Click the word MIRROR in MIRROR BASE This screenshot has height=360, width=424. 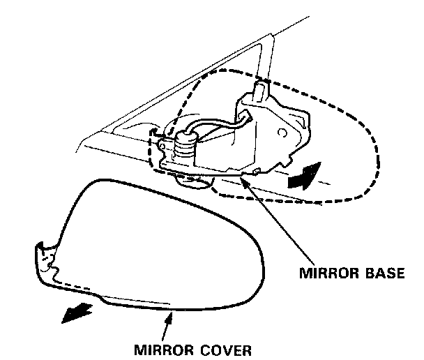[325, 272]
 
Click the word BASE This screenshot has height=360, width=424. [381, 272]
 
